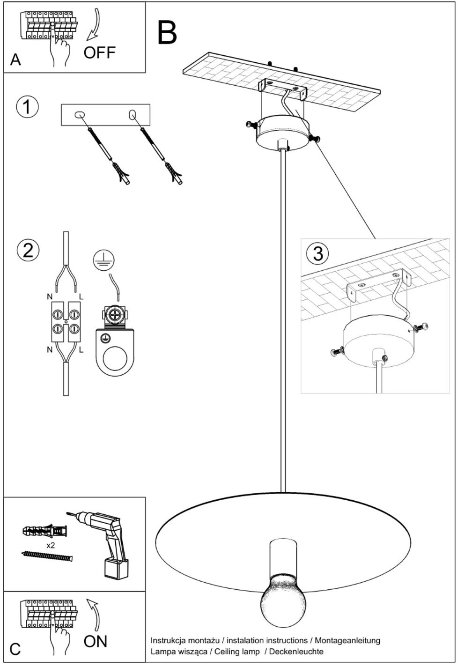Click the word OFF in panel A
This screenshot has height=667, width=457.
tap(99, 52)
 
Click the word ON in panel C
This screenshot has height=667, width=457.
tap(95, 641)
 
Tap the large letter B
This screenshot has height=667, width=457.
tap(167, 33)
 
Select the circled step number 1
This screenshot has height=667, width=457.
tap(27, 107)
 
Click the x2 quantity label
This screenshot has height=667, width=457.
tap(51, 546)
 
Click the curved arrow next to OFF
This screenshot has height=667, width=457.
tap(94, 24)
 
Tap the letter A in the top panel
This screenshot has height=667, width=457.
tap(15, 59)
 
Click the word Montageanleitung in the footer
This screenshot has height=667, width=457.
tap(347, 640)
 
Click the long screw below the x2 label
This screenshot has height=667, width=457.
tap(47, 556)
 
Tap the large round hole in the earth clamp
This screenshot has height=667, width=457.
tap(115, 357)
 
